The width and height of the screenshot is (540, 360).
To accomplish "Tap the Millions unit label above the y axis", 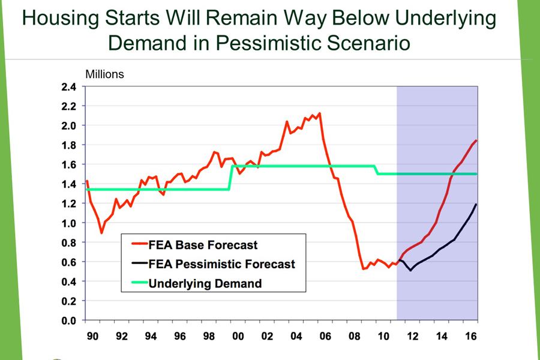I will pos(104,74).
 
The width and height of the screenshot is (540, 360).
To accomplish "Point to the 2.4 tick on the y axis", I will pos(68,86).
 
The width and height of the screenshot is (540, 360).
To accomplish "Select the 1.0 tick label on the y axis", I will pos(68,223).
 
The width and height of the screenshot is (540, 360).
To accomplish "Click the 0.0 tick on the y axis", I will pos(68,320).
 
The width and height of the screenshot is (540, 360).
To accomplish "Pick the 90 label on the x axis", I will pos(92,335).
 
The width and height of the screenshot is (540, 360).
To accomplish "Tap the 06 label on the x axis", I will pos(325,335).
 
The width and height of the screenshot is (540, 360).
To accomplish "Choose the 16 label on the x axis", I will pos(471,335).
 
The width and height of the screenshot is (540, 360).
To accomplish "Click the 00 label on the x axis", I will pos(238,335).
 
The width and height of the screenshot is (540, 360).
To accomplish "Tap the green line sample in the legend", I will pos(140,283).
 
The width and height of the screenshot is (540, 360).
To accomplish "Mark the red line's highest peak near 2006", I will pos(320,113).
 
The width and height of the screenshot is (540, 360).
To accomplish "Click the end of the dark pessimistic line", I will pos(476,205).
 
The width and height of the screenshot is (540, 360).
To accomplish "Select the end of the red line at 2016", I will pos(476,140).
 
